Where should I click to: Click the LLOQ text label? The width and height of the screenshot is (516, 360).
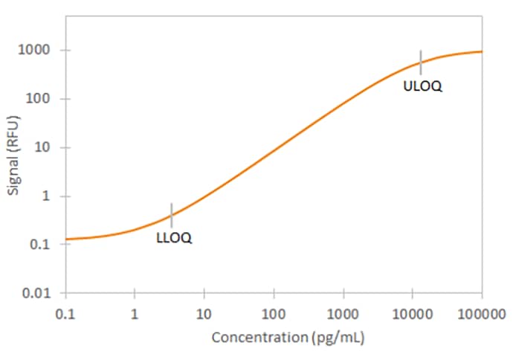click(174, 238)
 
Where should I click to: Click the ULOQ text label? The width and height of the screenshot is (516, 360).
click(422, 86)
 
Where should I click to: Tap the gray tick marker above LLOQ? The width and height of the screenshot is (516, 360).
click(172, 215)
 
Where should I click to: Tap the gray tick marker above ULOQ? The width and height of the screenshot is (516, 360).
click(421, 62)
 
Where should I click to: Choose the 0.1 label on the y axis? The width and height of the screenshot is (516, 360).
click(42, 245)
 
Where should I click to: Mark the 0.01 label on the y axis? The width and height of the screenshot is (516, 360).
click(39, 293)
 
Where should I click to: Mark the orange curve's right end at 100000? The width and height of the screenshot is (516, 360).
click(481, 51)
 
